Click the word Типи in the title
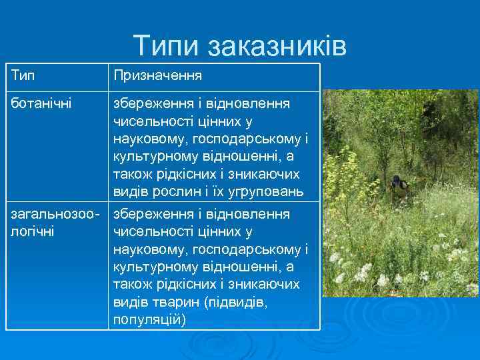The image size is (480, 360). pyautogui.click(x=167, y=45)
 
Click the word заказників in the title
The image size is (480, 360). pyautogui.click(x=277, y=45)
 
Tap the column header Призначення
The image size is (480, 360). pyautogui.click(x=157, y=77)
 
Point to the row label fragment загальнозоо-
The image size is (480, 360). pyautogui.click(x=55, y=215)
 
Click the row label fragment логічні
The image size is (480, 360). pyautogui.click(x=33, y=232)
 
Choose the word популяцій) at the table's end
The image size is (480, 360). pyautogui.click(x=149, y=319)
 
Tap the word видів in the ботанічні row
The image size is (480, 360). pyautogui.click(x=131, y=192)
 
